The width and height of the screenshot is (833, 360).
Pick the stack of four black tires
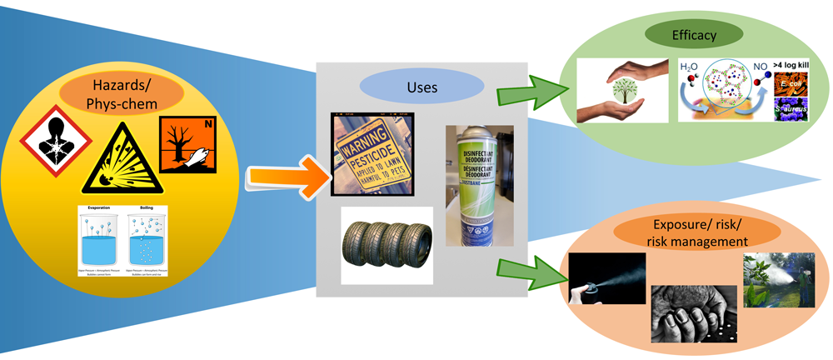(x=385, y=241)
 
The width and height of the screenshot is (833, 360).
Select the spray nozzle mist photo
(x=608, y=279)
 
